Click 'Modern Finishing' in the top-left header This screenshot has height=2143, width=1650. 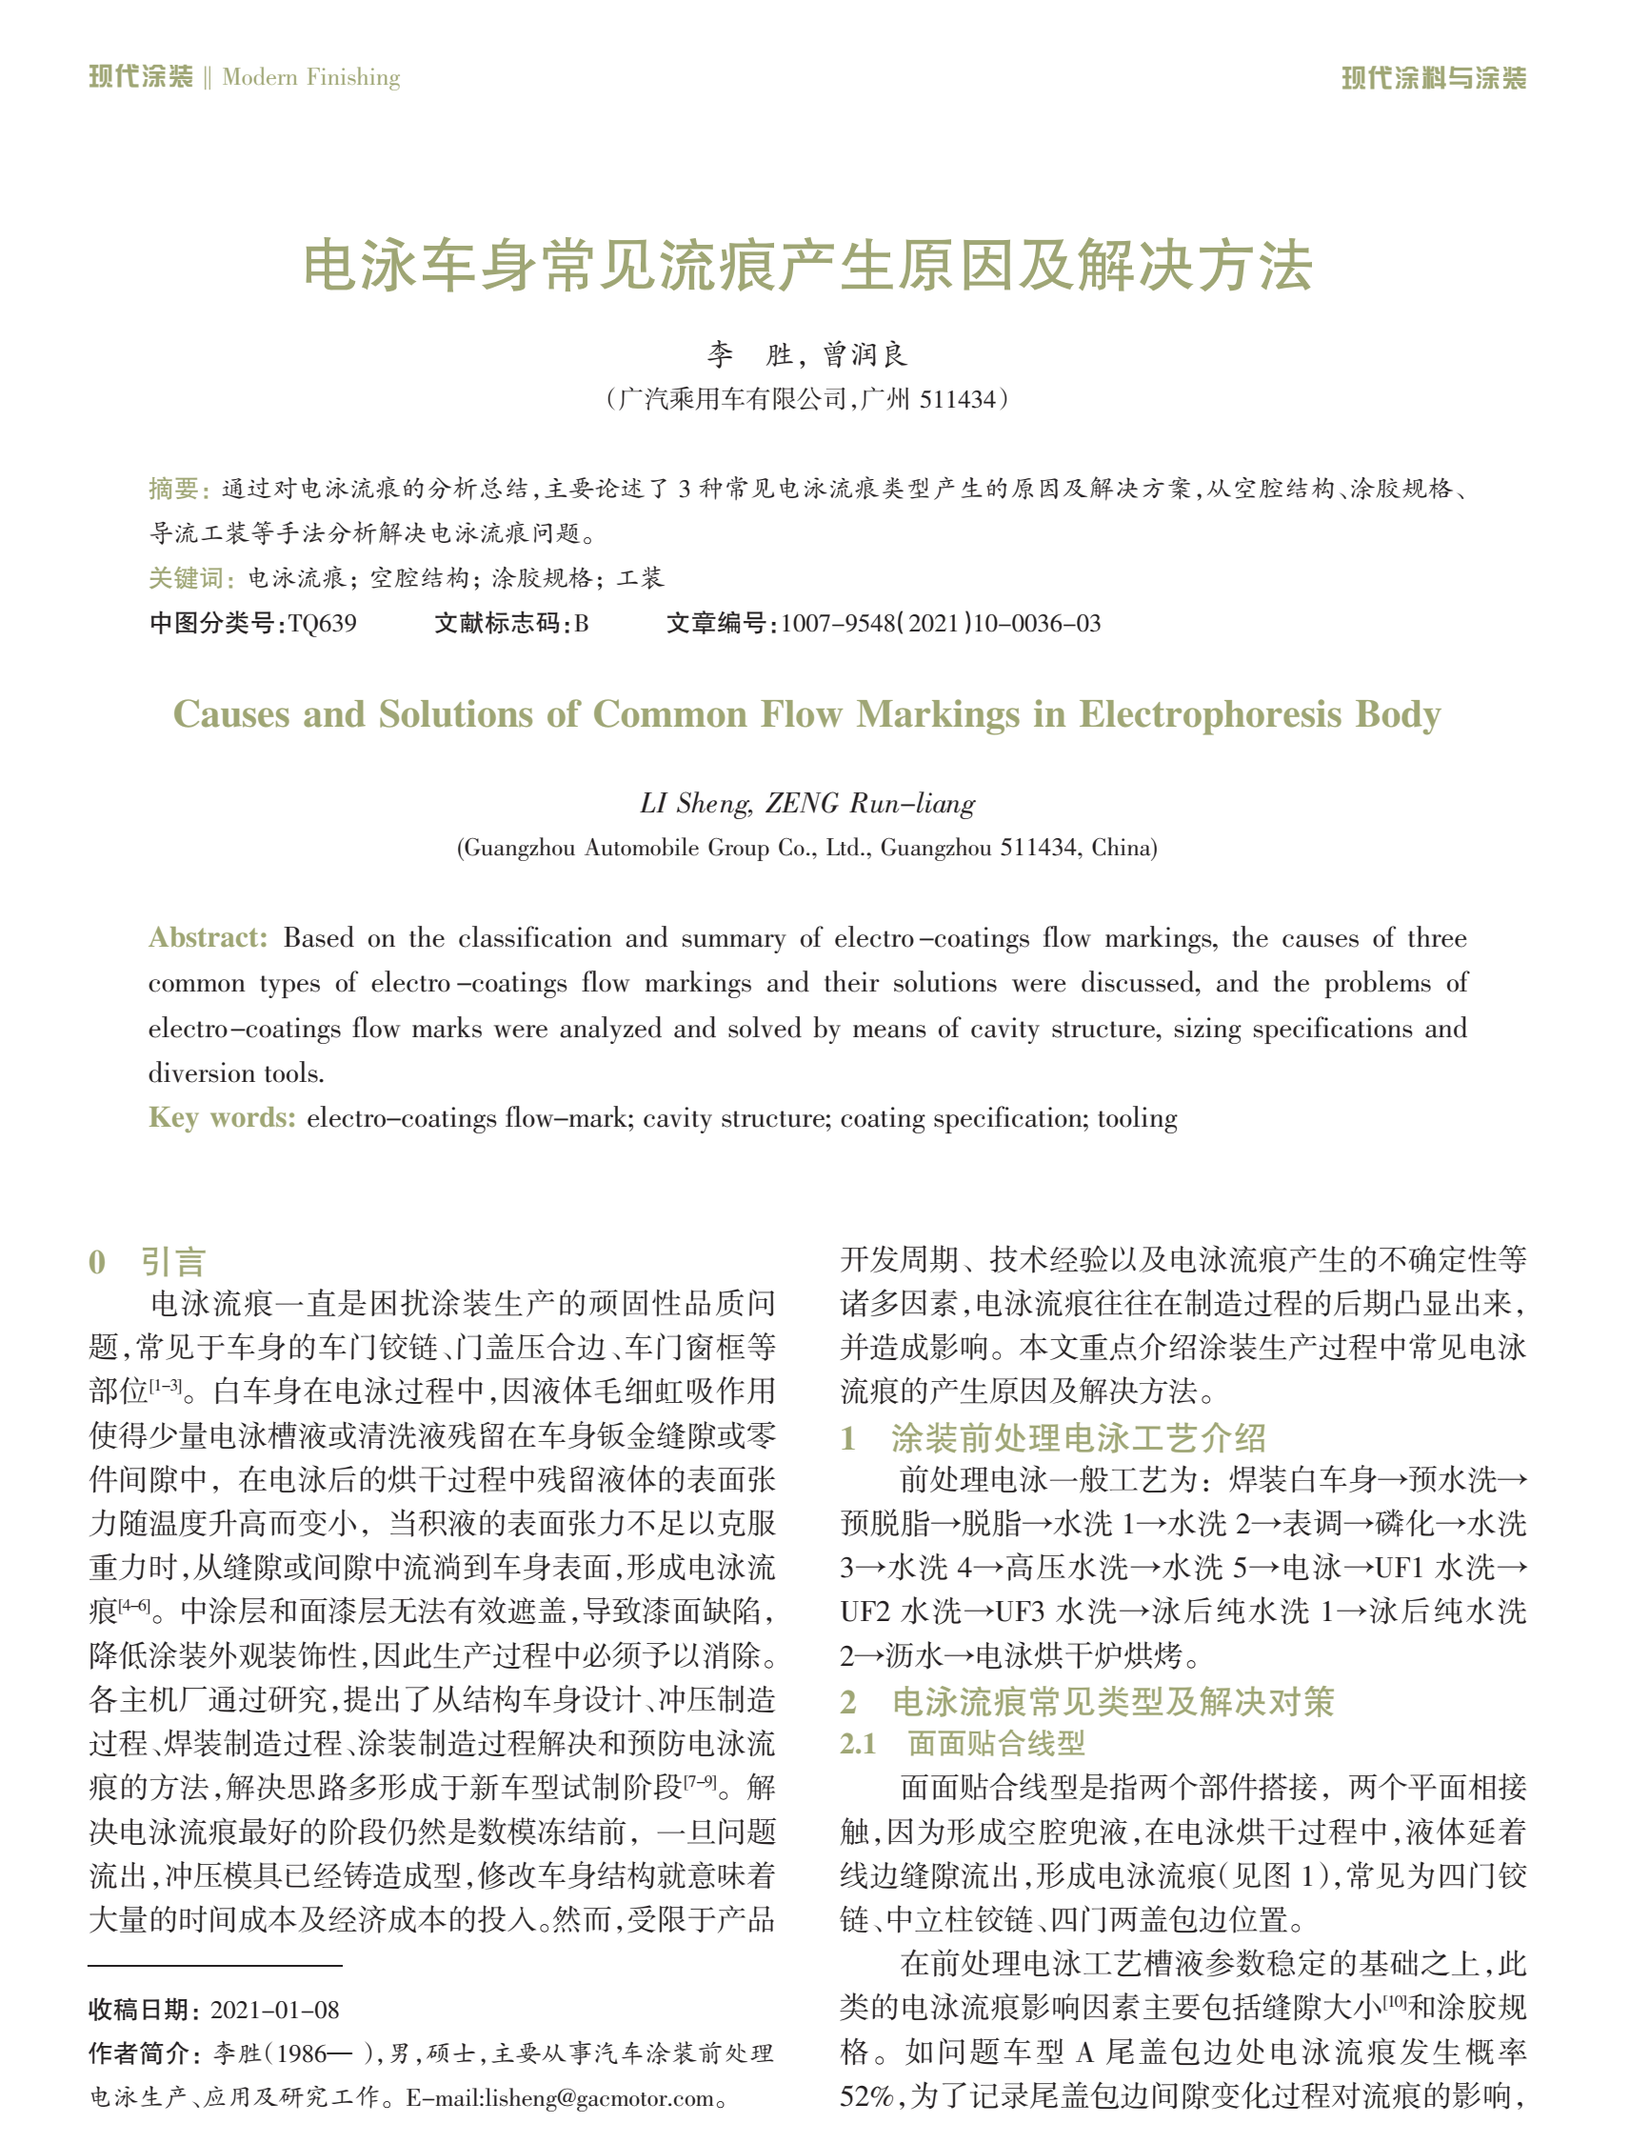311,77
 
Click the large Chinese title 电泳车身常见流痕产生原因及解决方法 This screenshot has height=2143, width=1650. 806,266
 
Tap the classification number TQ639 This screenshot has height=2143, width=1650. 322,624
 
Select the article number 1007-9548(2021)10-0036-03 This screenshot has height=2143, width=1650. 940,624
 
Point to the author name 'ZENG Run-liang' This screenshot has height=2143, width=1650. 870,804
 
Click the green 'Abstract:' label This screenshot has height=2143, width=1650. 207,938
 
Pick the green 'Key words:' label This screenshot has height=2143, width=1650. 222,1117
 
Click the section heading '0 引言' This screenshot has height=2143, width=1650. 148,1261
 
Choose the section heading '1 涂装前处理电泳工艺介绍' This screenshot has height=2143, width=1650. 1053,1438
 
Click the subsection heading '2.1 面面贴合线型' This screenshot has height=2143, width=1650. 962,1744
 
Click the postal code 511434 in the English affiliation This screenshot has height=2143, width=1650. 1038,848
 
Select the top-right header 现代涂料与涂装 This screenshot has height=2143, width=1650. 1433,77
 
